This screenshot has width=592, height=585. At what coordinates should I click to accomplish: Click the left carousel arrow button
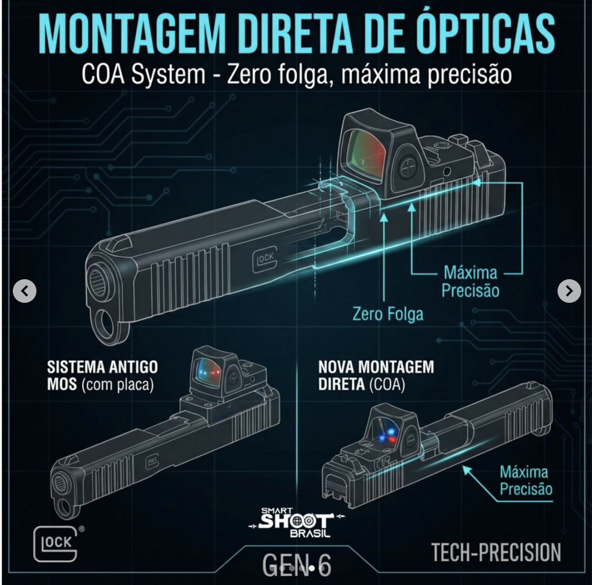click(25, 291)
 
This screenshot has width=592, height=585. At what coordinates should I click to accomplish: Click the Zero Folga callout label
click(388, 314)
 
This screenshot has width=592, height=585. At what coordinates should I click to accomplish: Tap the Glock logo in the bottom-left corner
click(56, 544)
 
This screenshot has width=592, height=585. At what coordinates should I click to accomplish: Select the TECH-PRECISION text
click(496, 552)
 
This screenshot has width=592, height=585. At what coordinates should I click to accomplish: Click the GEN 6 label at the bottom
click(296, 564)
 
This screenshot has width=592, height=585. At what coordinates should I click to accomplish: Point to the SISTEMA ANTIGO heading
click(102, 367)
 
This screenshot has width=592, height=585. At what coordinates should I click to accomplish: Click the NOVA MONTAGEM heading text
click(376, 367)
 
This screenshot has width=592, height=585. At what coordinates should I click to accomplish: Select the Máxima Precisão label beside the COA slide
click(526, 480)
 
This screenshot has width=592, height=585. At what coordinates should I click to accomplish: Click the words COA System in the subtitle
click(143, 75)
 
